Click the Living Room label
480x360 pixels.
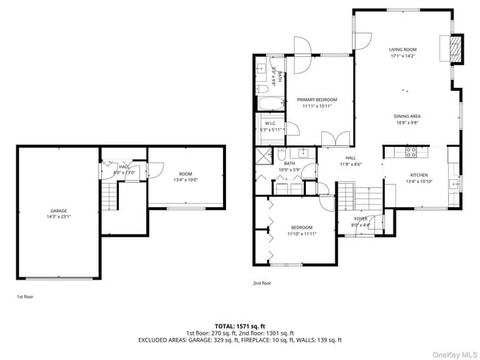pyautogui.click(x=403, y=50)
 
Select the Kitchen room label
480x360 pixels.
pyautogui.click(x=419, y=175)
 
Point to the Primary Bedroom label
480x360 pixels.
pyautogui.click(x=317, y=100)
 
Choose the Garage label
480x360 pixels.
pyautogui.click(x=58, y=211)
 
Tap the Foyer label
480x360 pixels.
pyautogui.click(x=360, y=218)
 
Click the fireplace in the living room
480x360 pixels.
pyautogui.click(x=456, y=49)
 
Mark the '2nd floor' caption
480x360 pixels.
pyautogui.click(x=263, y=283)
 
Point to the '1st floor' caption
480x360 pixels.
pyautogui.click(x=24, y=296)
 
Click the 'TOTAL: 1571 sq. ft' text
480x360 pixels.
pyautogui.click(x=240, y=325)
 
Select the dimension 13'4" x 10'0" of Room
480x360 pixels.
pyautogui.click(x=185, y=180)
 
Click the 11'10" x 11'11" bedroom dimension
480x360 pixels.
pyautogui.click(x=301, y=234)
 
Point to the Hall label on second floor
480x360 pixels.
pyautogui.click(x=350, y=158)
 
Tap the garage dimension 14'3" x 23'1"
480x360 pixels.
pyautogui.click(x=58, y=217)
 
